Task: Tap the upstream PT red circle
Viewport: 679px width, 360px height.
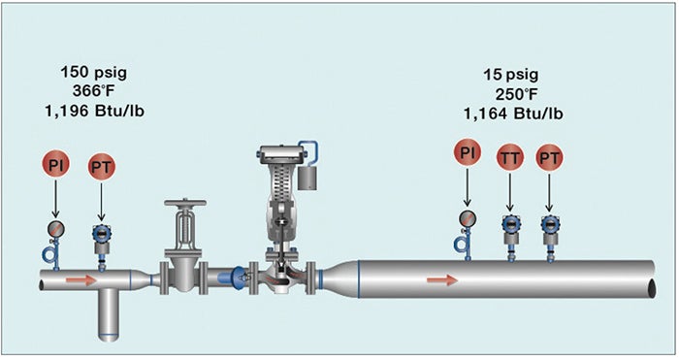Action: tap(101, 167)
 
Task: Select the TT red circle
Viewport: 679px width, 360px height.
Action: tap(510, 156)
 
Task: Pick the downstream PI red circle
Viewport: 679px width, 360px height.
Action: tap(468, 152)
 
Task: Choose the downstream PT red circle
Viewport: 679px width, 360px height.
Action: tap(550, 156)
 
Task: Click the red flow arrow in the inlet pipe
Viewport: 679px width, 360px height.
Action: tap(83, 280)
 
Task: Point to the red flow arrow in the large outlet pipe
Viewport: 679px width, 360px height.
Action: tap(442, 280)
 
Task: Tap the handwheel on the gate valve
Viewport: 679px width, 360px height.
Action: tap(183, 206)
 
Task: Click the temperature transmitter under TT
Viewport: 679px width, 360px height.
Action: tap(510, 225)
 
